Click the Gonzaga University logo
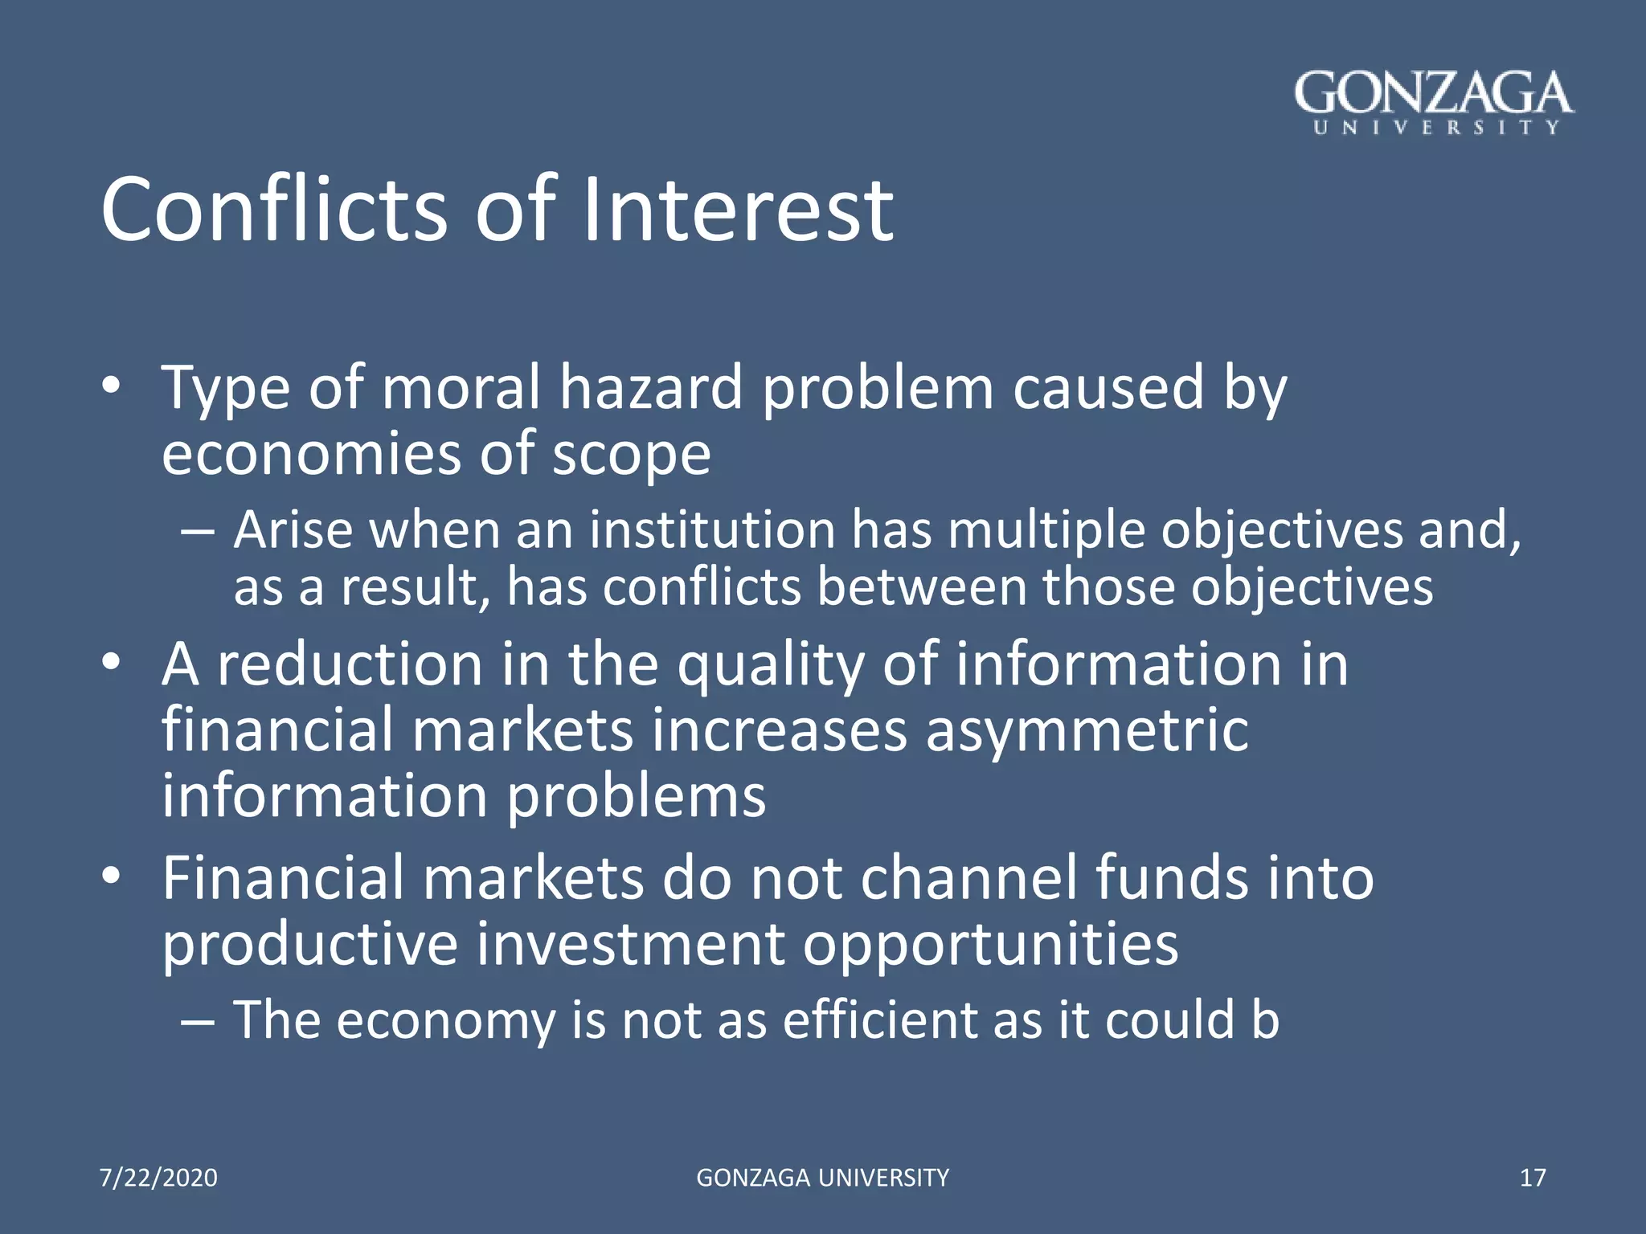pos(1435,102)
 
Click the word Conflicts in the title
pos(273,210)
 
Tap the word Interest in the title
pos(737,210)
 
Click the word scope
pos(631,456)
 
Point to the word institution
pos(713,531)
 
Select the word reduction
pos(350,665)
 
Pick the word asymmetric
pos(1087,731)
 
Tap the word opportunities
pos(990,946)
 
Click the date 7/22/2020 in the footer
pos(158,1178)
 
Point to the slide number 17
pos(1533,1178)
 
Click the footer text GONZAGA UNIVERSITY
pos(822,1178)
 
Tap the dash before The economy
pos(198,1022)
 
